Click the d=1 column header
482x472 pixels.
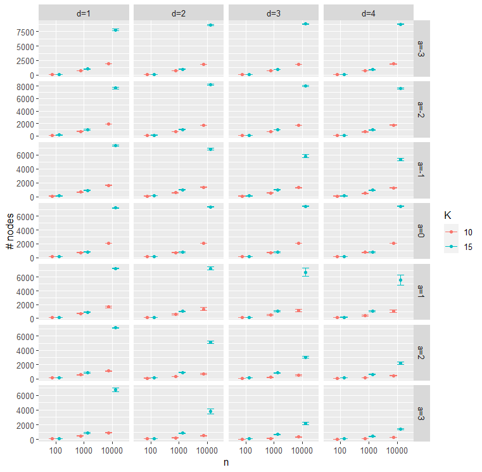pos(84,13)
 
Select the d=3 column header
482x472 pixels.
pos(274,13)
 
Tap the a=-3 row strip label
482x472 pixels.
pos(421,49)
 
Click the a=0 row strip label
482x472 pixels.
pos(421,231)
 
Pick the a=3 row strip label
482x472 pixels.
pos(421,414)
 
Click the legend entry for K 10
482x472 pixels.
pos(459,232)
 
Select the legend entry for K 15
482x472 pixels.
pos(459,247)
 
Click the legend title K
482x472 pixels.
pos(448,215)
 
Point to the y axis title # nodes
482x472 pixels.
pos(10,231)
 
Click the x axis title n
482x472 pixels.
pos(226,462)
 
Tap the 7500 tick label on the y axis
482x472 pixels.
pos(25,32)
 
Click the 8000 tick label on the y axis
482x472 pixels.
pos(25,87)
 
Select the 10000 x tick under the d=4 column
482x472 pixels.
pos(397,451)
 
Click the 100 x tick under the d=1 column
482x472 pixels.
pos(56,451)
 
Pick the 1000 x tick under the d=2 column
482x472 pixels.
pos(179,451)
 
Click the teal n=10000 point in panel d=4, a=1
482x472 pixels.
pos(400,280)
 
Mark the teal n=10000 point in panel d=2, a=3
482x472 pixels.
pos(210,411)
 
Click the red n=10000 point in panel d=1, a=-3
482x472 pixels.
pos(108,63)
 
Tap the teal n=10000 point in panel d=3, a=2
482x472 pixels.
pos(305,357)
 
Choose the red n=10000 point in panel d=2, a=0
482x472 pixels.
pos(203,243)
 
